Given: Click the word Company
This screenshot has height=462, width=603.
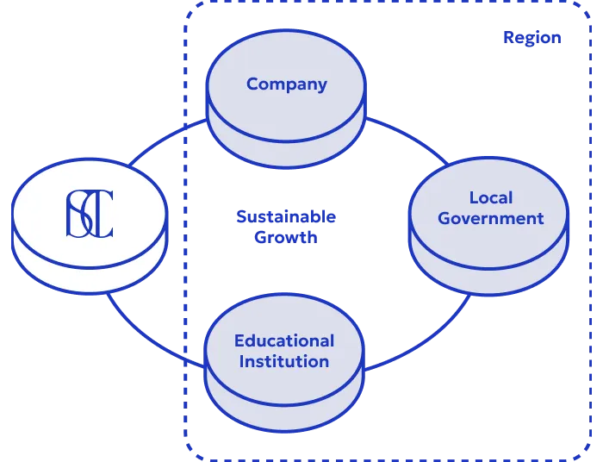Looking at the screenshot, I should click(286, 84).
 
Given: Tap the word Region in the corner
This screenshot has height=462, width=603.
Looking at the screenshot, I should click(532, 39).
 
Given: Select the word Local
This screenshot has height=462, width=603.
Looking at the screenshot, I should click(490, 197).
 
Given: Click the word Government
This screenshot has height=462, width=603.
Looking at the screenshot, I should click(490, 218).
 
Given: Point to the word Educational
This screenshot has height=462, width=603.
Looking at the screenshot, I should click(283, 341).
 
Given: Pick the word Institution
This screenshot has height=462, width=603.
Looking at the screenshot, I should click(283, 361).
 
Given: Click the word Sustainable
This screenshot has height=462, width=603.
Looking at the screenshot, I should click(285, 217).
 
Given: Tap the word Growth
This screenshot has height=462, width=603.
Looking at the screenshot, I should click(285, 238).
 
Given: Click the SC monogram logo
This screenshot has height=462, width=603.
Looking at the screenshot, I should click(90, 214).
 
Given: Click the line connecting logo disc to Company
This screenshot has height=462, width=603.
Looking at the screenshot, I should click(164, 140).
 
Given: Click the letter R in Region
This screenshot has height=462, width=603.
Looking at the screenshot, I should click(508, 39).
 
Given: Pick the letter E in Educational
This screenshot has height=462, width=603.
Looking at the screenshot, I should click(239, 341).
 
